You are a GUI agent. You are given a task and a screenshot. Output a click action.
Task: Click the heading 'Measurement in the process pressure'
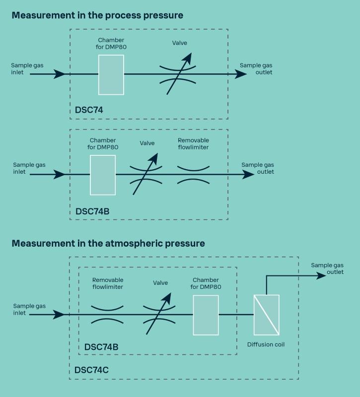[x=97, y=15]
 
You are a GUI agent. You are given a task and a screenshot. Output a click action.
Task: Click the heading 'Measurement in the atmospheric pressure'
[x=108, y=243]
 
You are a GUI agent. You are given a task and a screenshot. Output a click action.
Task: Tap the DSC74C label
[x=91, y=370]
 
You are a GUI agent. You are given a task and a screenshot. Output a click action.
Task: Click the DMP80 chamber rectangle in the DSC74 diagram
[x=111, y=74]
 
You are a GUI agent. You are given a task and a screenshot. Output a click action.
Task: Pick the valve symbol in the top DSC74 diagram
[x=177, y=74]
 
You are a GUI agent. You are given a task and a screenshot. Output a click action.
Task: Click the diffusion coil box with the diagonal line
[x=267, y=315]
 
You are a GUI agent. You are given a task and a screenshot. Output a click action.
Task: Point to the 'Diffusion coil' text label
[x=267, y=343]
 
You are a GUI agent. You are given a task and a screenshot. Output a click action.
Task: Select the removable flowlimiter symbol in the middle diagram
[x=193, y=175]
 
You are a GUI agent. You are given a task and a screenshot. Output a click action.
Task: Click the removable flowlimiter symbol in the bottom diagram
[x=108, y=314]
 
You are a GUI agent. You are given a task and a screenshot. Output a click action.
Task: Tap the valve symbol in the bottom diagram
[x=160, y=314]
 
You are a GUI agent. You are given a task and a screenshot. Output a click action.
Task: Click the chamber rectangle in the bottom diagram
[x=206, y=315]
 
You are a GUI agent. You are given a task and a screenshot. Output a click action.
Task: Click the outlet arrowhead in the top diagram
[x=241, y=74]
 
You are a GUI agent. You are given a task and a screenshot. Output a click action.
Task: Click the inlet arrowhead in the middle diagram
[x=59, y=175]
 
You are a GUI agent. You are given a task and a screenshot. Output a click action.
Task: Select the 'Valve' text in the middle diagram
[x=147, y=143]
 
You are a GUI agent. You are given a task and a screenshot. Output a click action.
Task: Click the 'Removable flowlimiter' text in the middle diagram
[x=193, y=143]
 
